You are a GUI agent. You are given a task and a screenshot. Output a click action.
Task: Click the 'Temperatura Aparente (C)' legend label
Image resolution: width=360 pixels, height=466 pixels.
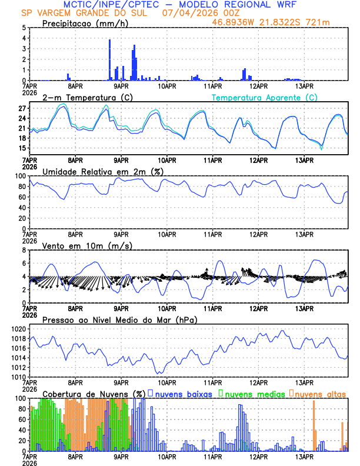point(265,97)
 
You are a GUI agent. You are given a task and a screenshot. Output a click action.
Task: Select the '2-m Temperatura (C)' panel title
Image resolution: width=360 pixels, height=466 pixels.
point(86,97)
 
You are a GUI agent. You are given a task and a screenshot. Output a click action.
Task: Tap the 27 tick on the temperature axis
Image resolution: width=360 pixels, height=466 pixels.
point(21,109)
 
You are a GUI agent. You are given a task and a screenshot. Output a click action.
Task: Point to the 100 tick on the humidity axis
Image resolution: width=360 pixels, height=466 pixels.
point(20,176)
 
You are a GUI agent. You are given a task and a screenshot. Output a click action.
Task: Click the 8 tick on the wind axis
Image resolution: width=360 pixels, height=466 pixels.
point(24,250)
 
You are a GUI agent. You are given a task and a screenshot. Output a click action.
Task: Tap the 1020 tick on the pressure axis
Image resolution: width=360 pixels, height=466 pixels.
point(17,329)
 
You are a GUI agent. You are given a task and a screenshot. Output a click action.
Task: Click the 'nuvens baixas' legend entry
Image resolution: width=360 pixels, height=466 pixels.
point(184,393)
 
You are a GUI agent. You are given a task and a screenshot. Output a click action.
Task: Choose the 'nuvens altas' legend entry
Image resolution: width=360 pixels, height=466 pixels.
point(320,393)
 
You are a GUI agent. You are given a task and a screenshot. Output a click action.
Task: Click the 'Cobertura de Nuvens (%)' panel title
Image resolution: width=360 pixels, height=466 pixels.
point(94,393)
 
